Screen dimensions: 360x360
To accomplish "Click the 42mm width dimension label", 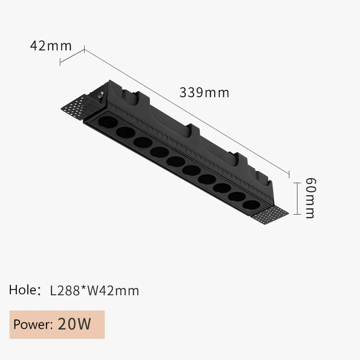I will click(x=50, y=45).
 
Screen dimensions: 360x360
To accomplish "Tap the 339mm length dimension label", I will click(x=204, y=93).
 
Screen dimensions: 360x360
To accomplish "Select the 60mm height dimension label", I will click(x=310, y=198).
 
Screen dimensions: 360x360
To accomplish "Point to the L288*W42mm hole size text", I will click(x=94, y=291).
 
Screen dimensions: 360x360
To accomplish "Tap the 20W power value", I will click(x=75, y=324).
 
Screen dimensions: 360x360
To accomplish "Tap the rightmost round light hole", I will click(x=251, y=203).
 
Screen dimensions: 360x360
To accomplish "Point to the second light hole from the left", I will click(x=125, y=132).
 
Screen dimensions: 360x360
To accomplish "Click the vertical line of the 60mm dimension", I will click(x=297, y=198).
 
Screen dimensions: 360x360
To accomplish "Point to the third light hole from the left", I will click(x=141, y=141).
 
